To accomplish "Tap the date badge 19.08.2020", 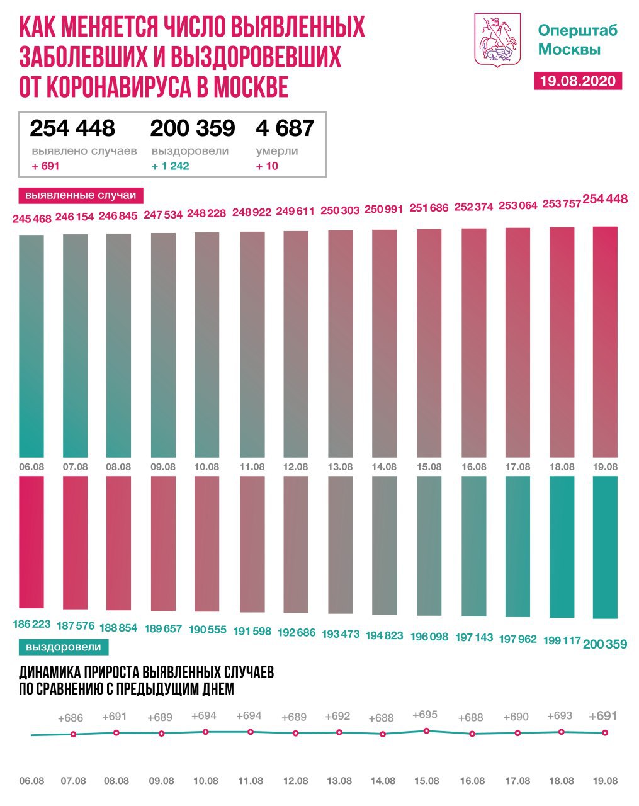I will pos(578,81).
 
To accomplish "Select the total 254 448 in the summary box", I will pos(72,128).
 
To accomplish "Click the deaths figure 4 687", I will pos(285,128).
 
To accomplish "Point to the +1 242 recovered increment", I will pos(170,166).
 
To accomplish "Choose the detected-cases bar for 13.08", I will pos(341,343).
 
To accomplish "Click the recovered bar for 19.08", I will pos(605,547).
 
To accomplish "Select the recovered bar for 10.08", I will pos(207,543).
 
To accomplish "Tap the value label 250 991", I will pos(384,210).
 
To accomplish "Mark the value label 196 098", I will pos(428,637).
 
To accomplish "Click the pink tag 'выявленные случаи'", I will pos(81,195).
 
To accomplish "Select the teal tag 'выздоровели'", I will pos(64,647).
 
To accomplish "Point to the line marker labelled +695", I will pos(427,730).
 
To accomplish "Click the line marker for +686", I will pos(74,734).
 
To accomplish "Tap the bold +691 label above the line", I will pos(603,716).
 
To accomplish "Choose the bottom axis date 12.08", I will pos(295,781).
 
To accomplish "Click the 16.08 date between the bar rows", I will pos(473,467).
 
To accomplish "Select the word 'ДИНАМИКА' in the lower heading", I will pos(51,672).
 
